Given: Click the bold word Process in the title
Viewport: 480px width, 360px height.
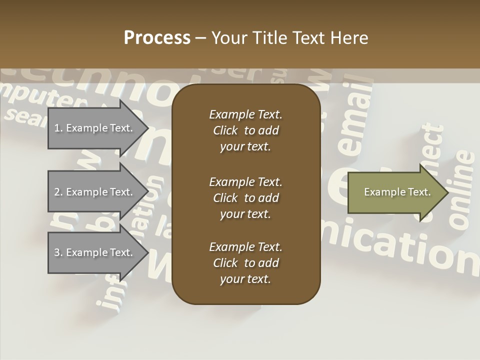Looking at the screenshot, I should tap(157, 38).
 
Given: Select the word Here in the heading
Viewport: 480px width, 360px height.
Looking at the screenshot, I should tap(349, 38).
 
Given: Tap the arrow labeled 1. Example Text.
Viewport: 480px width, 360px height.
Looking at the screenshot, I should tap(94, 128).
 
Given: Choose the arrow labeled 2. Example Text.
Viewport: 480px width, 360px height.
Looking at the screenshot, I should tap(94, 192).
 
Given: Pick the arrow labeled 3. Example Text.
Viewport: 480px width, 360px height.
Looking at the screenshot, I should tap(94, 252).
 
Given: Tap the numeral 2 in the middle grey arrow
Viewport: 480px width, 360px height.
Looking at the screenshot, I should tap(57, 192).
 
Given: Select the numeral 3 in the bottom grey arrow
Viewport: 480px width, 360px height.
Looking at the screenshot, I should tap(57, 252).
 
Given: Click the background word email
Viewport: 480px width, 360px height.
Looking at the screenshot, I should tap(356, 118).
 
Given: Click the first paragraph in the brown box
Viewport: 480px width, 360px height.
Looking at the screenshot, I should tap(245, 130).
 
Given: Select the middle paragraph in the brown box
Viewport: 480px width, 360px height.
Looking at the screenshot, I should tap(245, 198).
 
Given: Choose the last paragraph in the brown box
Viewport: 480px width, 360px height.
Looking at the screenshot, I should tap(245, 263).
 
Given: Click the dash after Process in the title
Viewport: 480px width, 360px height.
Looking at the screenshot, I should tap(201, 38).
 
